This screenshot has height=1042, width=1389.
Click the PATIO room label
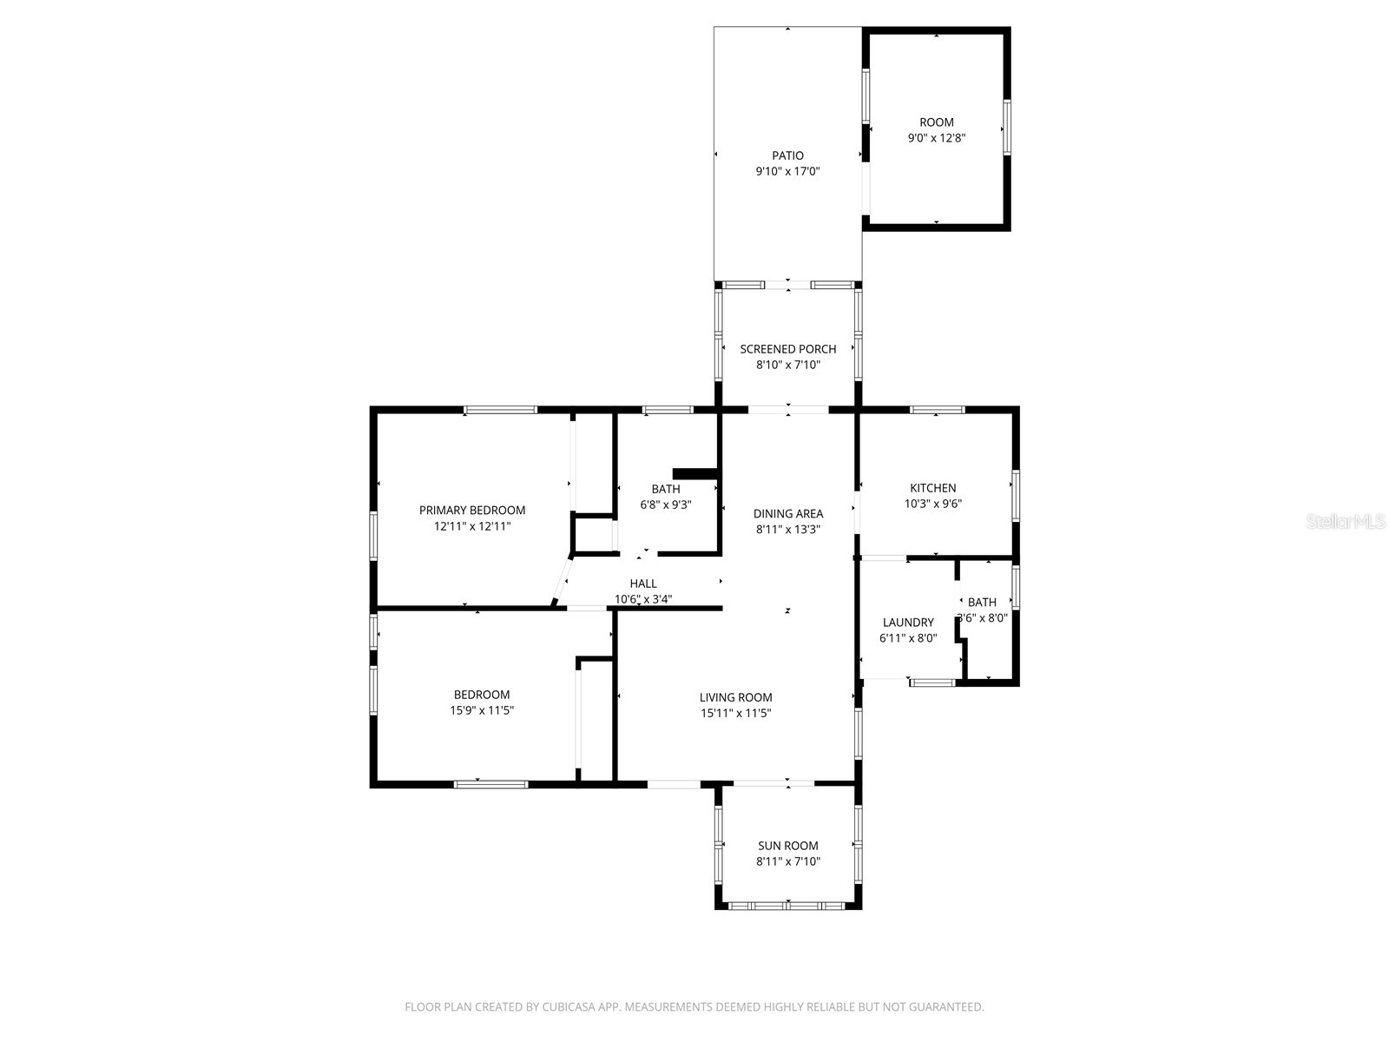click(787, 155)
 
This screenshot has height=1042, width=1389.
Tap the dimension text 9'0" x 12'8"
click(936, 138)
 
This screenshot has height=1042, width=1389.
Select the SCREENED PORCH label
click(787, 349)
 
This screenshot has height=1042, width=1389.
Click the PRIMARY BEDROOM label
click(472, 511)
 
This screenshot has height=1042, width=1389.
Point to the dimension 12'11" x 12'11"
click(472, 526)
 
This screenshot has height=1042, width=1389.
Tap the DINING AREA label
click(787, 514)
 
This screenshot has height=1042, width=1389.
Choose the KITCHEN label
click(932, 488)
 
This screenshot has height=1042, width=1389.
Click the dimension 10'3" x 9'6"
click(932, 504)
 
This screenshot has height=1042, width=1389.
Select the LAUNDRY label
click(908, 623)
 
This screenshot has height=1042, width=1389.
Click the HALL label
click(643, 584)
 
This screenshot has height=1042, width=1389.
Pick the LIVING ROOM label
click(735, 697)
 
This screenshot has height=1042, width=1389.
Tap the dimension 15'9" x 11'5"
click(482, 710)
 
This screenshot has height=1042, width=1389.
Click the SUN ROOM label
click(787, 846)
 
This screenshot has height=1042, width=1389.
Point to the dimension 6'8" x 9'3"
click(665, 505)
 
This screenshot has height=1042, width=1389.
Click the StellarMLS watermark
click(1346, 521)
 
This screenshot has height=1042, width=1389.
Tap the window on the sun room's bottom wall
click(787, 906)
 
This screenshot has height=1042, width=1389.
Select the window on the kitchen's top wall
click(937, 410)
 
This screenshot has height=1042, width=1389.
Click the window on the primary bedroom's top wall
click(499, 410)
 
